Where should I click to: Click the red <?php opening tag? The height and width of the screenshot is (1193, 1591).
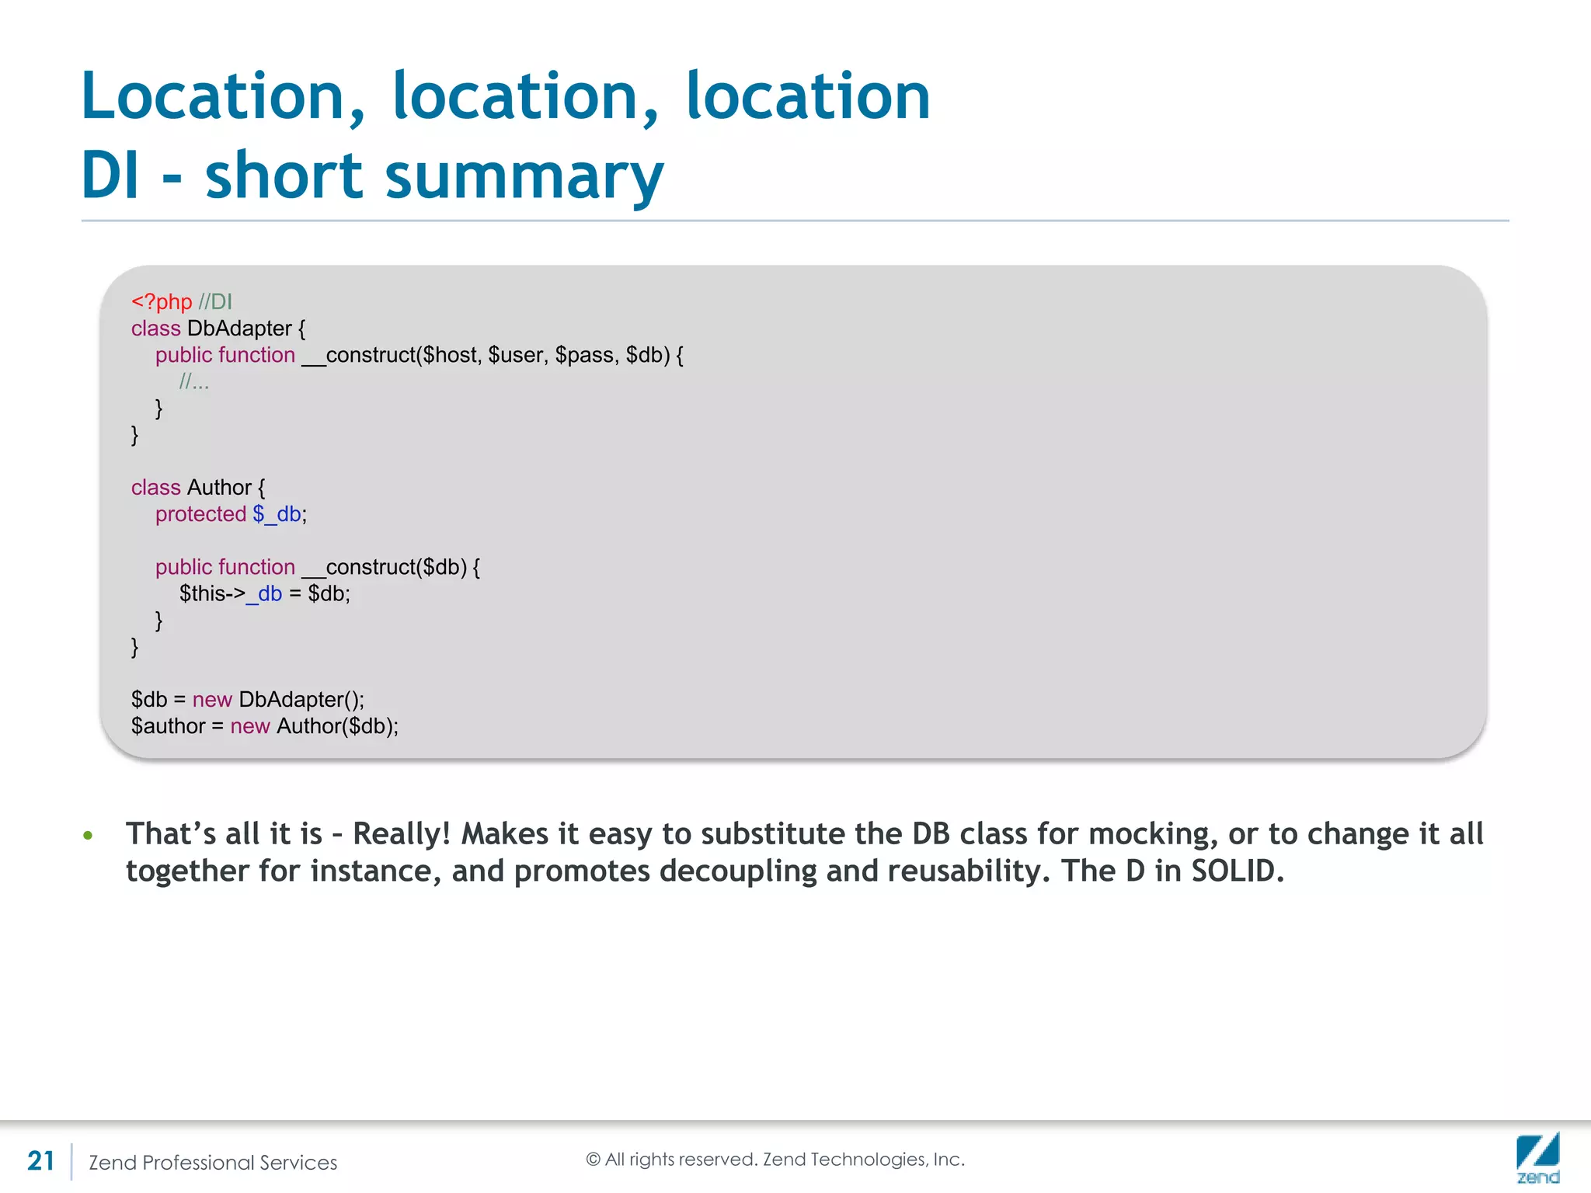[161, 301]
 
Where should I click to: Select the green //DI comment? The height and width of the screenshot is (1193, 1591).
[215, 301]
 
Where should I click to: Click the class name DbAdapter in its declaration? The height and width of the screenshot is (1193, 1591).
[239, 329]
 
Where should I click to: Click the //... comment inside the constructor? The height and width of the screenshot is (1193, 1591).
[194, 381]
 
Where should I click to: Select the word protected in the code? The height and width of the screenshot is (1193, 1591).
[200, 514]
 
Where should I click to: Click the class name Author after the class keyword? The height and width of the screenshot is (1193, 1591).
[219, 488]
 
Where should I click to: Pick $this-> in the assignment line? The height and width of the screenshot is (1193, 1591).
[212, 594]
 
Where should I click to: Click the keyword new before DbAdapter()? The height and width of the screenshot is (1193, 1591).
[212, 700]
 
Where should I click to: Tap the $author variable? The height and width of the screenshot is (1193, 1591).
[168, 726]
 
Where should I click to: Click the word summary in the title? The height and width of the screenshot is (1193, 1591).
[524, 176]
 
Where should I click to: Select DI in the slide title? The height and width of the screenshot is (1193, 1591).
[110, 176]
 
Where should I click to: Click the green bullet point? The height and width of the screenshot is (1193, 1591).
[88, 836]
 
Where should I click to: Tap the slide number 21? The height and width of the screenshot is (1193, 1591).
[40, 1161]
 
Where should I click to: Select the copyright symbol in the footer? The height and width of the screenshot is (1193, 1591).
[593, 1160]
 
